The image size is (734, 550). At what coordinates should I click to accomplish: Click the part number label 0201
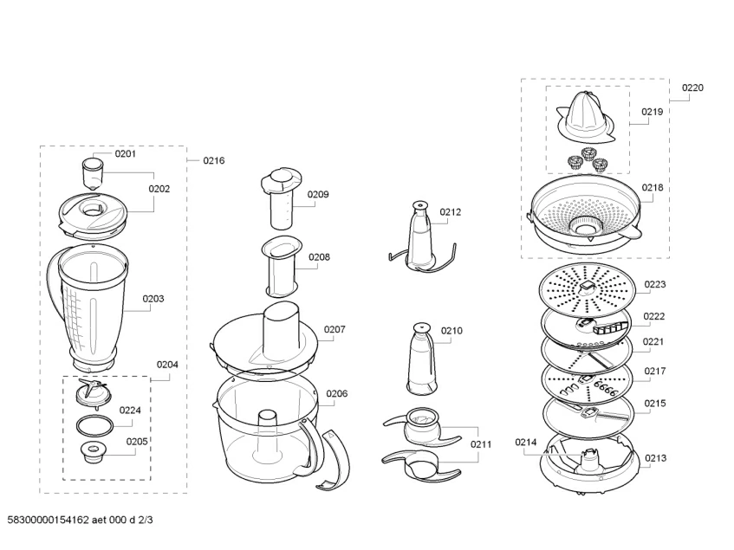click(x=126, y=154)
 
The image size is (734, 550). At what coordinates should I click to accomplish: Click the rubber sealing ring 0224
click(x=94, y=424)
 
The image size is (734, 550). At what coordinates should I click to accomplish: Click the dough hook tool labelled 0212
click(x=418, y=236)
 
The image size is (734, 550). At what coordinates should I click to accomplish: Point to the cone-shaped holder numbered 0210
click(x=421, y=358)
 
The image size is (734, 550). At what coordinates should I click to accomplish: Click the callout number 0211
click(x=482, y=444)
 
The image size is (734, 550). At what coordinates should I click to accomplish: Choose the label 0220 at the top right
click(x=692, y=87)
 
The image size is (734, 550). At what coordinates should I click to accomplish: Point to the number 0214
click(x=526, y=442)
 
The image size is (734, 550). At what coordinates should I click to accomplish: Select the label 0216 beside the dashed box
click(x=213, y=160)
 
